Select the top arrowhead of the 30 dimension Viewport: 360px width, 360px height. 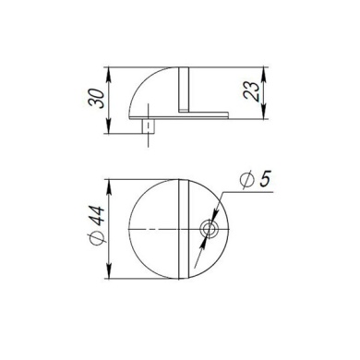pyautogui.click(x=110, y=69)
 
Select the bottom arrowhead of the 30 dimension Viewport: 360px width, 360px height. pyautogui.click(x=110, y=129)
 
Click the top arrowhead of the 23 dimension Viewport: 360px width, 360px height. pyautogui.click(x=265, y=69)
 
